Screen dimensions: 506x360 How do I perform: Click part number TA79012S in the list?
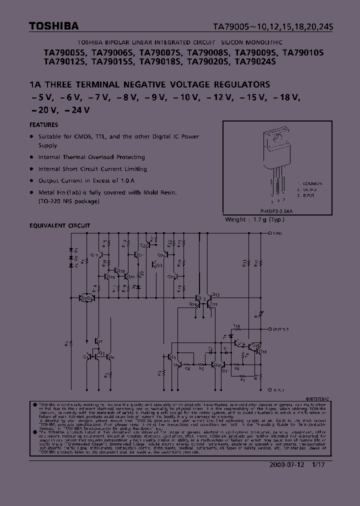(x=65, y=62)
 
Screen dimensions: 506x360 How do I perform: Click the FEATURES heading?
(x=44, y=125)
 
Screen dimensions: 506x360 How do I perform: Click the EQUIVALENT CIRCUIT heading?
(x=60, y=225)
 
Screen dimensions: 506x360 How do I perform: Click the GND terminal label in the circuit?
(x=278, y=233)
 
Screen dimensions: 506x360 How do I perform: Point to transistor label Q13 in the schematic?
(x=215, y=294)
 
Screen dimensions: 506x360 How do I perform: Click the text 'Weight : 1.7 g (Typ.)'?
(x=255, y=219)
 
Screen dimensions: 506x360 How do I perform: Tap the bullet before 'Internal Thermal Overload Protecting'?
(x=32, y=157)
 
